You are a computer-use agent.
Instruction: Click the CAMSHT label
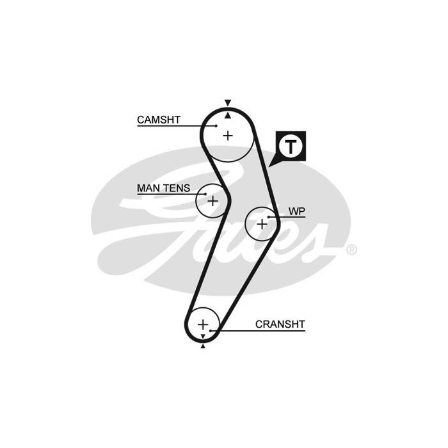coord(159,120)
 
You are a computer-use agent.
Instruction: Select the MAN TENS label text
coord(163,188)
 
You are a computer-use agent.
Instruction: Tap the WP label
coord(297,211)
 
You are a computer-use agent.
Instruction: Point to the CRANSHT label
coord(280,324)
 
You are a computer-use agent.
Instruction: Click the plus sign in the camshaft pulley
coord(228,136)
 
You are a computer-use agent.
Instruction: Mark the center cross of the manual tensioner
coord(212,201)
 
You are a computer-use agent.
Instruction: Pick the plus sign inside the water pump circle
coord(262,224)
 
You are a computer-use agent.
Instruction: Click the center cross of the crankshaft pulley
coord(203,324)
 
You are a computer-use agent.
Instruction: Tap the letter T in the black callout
coord(291,147)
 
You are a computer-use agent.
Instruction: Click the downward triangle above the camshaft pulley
coord(228,102)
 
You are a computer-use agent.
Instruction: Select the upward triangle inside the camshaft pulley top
coord(228,115)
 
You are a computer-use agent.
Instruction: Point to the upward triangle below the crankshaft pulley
coord(203,346)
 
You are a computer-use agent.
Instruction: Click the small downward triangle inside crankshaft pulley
coord(203,336)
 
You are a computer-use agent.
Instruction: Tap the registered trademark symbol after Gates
coord(352,250)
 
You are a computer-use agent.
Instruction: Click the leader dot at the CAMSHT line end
coord(216,125)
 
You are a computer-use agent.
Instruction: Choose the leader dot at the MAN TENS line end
coord(205,194)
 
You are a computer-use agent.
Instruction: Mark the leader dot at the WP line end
coord(269,217)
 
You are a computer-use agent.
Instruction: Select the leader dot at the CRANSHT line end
coord(211,331)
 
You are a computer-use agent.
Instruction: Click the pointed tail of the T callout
coord(269,166)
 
